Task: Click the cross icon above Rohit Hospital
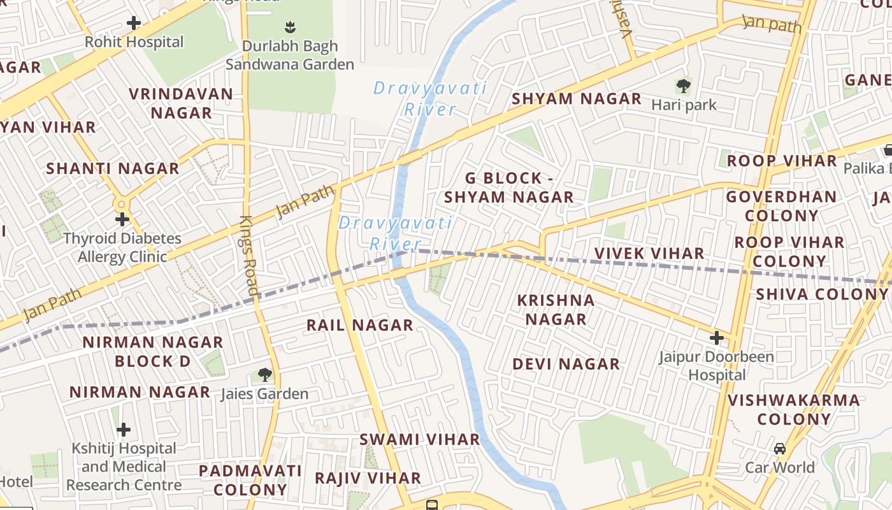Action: click(134, 24)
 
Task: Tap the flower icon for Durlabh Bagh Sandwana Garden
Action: click(290, 27)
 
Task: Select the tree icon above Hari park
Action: click(684, 85)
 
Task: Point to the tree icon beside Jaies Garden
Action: click(264, 375)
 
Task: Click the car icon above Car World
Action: click(780, 448)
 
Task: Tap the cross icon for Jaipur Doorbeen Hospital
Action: click(717, 337)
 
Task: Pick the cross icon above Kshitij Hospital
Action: click(124, 429)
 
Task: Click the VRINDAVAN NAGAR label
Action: click(180, 103)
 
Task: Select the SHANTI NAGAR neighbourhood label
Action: click(113, 169)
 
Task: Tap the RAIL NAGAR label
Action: click(360, 326)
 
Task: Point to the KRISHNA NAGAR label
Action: click(556, 309)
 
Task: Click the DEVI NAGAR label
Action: click(566, 364)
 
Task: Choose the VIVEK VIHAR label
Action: click(649, 254)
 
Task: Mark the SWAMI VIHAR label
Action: click(419, 439)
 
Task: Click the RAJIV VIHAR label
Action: click(368, 478)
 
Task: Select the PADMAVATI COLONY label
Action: click(250, 480)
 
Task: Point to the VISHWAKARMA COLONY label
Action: click(793, 409)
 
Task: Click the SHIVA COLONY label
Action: click(821, 295)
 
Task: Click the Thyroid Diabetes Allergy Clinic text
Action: click(122, 247)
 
